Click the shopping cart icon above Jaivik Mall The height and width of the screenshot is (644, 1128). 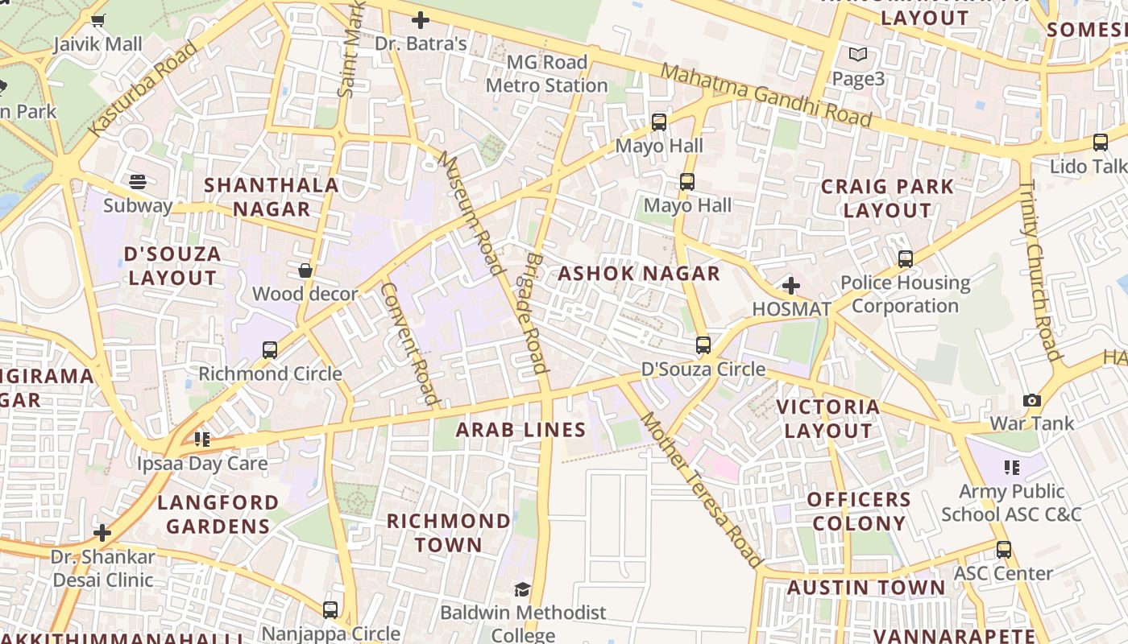click(98, 21)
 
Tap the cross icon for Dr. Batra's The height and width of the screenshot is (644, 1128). click(421, 20)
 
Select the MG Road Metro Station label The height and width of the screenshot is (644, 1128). click(546, 74)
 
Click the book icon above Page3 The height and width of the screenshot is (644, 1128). click(858, 56)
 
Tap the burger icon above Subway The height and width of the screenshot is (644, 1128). click(138, 182)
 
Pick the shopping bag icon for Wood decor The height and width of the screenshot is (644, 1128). click(305, 270)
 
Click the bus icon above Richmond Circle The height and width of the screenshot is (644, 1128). click(270, 350)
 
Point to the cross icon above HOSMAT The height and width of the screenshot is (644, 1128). click(791, 286)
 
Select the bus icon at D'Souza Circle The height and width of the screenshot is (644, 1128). click(703, 345)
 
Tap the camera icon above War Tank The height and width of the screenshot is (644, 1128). click(1031, 400)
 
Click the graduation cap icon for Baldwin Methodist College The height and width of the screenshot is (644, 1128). click(522, 590)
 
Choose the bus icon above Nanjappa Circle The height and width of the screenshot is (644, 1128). click(330, 610)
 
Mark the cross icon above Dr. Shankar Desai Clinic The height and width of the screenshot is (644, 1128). click(102, 533)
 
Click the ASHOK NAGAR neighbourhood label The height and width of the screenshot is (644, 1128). click(639, 274)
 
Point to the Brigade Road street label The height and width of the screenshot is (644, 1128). click(537, 313)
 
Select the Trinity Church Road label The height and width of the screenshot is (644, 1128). click(1040, 270)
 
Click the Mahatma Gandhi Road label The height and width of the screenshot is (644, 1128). click(765, 96)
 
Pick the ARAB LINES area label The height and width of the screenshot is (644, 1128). click(520, 430)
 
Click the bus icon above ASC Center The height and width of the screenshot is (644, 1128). click(1004, 550)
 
